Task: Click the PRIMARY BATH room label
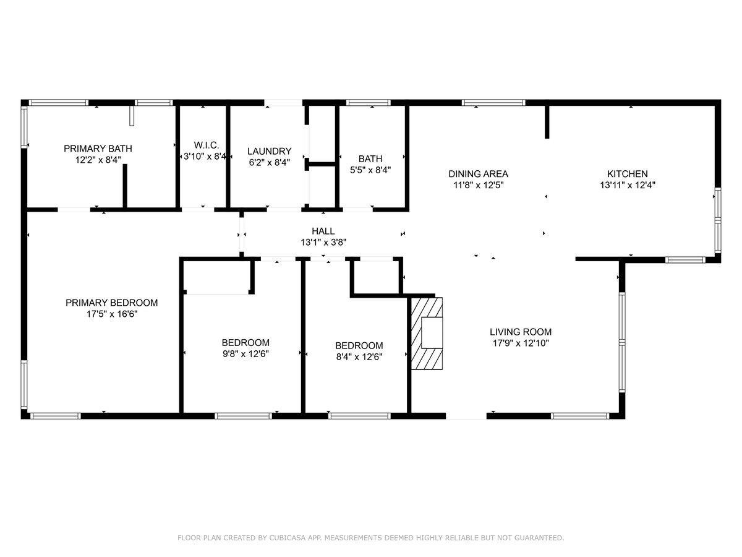pos(98,149)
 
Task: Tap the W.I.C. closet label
pos(206,145)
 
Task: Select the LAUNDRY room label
pos(269,151)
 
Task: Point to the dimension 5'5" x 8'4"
pos(370,170)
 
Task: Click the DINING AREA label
pos(478,174)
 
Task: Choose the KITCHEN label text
pos(628,174)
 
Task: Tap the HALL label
pos(323,231)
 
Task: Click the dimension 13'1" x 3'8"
pos(323,243)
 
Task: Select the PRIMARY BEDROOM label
pos(111,303)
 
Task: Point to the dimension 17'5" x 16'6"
pos(112,314)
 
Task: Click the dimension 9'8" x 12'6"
pos(245,354)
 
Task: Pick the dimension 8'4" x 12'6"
pos(359,357)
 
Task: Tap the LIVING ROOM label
pos(521,332)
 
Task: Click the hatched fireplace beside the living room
pos(427,333)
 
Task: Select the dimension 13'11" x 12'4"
pos(628,185)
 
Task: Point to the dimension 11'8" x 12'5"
pos(479,185)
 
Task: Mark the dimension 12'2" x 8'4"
pos(98,160)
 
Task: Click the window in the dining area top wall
pos(493,103)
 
